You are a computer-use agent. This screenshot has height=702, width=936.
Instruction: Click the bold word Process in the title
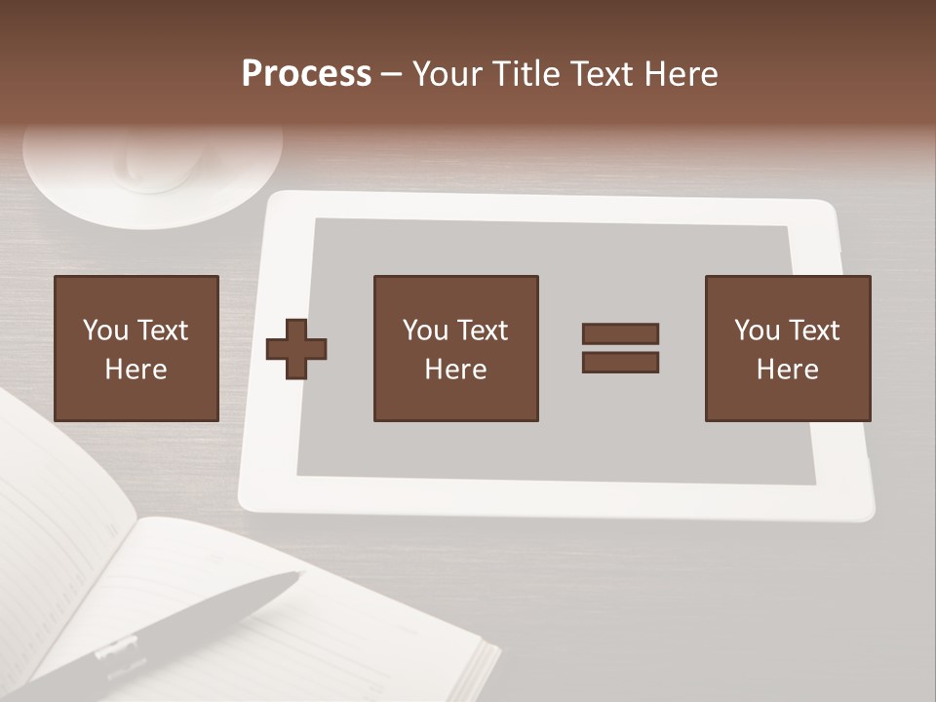306,74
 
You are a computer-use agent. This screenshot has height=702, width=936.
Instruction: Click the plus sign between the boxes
296,349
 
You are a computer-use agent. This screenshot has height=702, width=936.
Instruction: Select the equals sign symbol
620,348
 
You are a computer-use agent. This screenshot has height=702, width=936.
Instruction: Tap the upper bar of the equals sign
620,333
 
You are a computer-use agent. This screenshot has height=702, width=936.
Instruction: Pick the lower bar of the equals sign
620,363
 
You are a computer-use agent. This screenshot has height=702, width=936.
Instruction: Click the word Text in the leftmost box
161,331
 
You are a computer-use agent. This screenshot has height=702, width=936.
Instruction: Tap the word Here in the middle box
455,370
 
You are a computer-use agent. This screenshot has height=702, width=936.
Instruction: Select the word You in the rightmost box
758,331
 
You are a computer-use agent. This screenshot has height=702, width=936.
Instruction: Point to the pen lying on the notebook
195,624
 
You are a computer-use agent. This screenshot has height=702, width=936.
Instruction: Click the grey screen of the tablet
556,448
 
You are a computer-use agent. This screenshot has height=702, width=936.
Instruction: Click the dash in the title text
392,74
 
